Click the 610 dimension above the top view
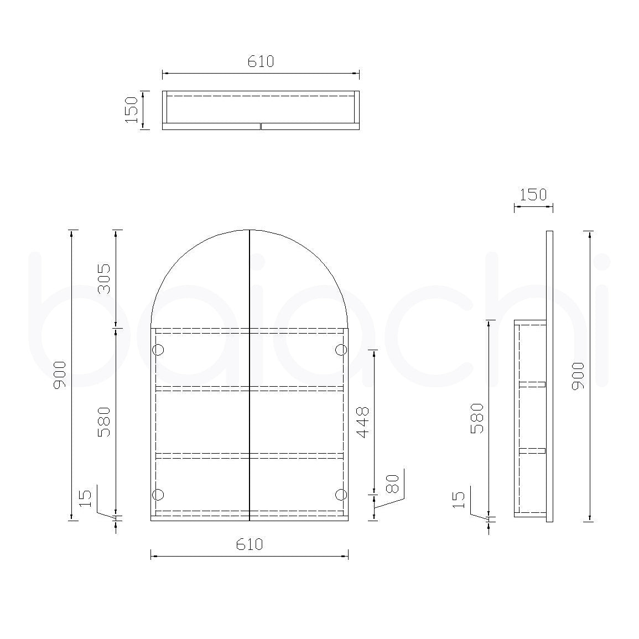[x=261, y=61]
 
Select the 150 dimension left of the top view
[x=132, y=110]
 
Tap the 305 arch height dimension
[x=104, y=279]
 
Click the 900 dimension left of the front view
[x=60, y=375]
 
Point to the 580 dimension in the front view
[x=104, y=422]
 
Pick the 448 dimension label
[x=362, y=423]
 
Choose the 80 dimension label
[x=392, y=484]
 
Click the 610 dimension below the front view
[x=250, y=544]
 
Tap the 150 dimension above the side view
[x=533, y=195]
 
